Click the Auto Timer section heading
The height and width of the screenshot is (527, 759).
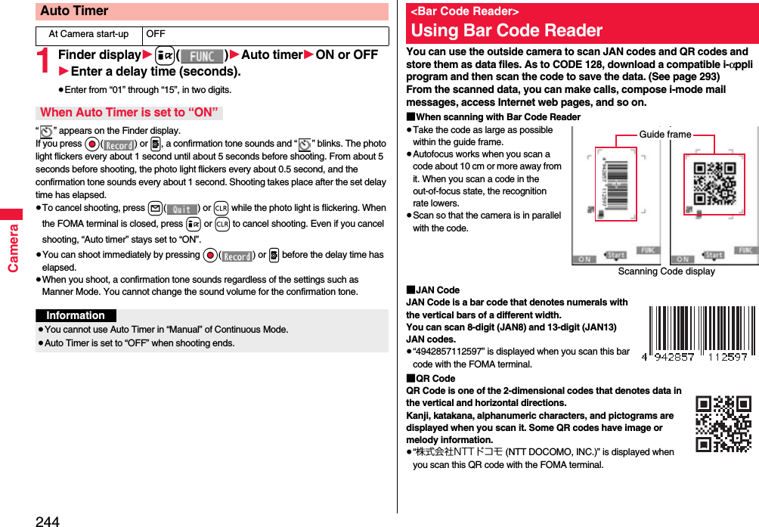(x=74, y=11)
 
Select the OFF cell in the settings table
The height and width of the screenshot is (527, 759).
(x=156, y=35)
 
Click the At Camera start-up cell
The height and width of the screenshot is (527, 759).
(x=88, y=35)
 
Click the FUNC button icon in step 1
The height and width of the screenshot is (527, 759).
(x=202, y=56)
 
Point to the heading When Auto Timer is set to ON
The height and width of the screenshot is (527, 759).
(x=129, y=113)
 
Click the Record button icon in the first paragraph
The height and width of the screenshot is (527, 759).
(x=119, y=144)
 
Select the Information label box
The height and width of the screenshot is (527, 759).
(x=76, y=316)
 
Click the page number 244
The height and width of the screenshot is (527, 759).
(x=47, y=520)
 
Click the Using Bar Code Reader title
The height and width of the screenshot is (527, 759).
(x=507, y=31)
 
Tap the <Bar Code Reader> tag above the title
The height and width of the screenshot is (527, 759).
(x=464, y=11)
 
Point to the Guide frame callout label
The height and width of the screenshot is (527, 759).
(x=665, y=135)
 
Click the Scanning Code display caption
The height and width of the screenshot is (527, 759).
(x=666, y=271)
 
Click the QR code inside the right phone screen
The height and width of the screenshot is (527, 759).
(x=714, y=183)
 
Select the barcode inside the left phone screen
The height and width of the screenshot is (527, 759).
(x=617, y=184)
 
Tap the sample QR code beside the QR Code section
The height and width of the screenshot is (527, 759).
(x=723, y=423)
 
